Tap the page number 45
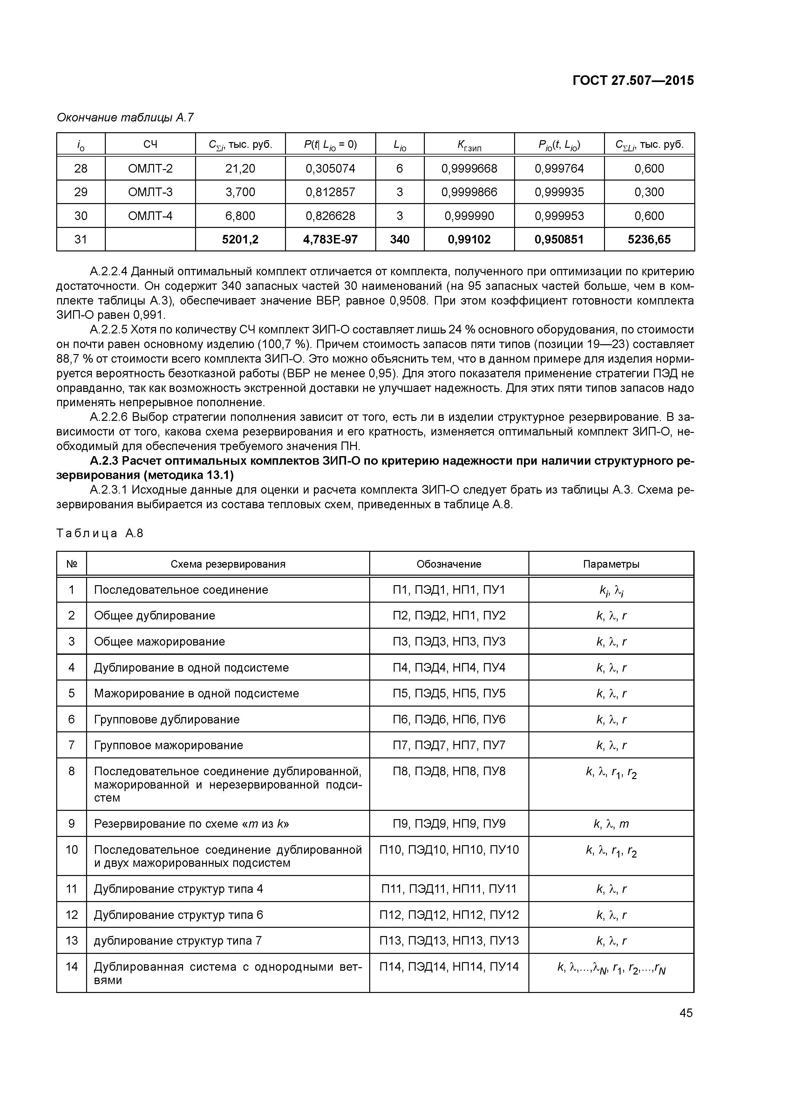pos(686,1013)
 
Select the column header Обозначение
pos(449,564)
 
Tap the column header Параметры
pos(611,564)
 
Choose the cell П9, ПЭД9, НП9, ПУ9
pos(449,824)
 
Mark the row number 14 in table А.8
pos(71,967)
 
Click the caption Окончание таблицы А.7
pos(125,118)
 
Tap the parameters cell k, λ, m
pos(611,824)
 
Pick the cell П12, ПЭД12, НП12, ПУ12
pos(449,915)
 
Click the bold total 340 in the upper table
pos(400,239)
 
